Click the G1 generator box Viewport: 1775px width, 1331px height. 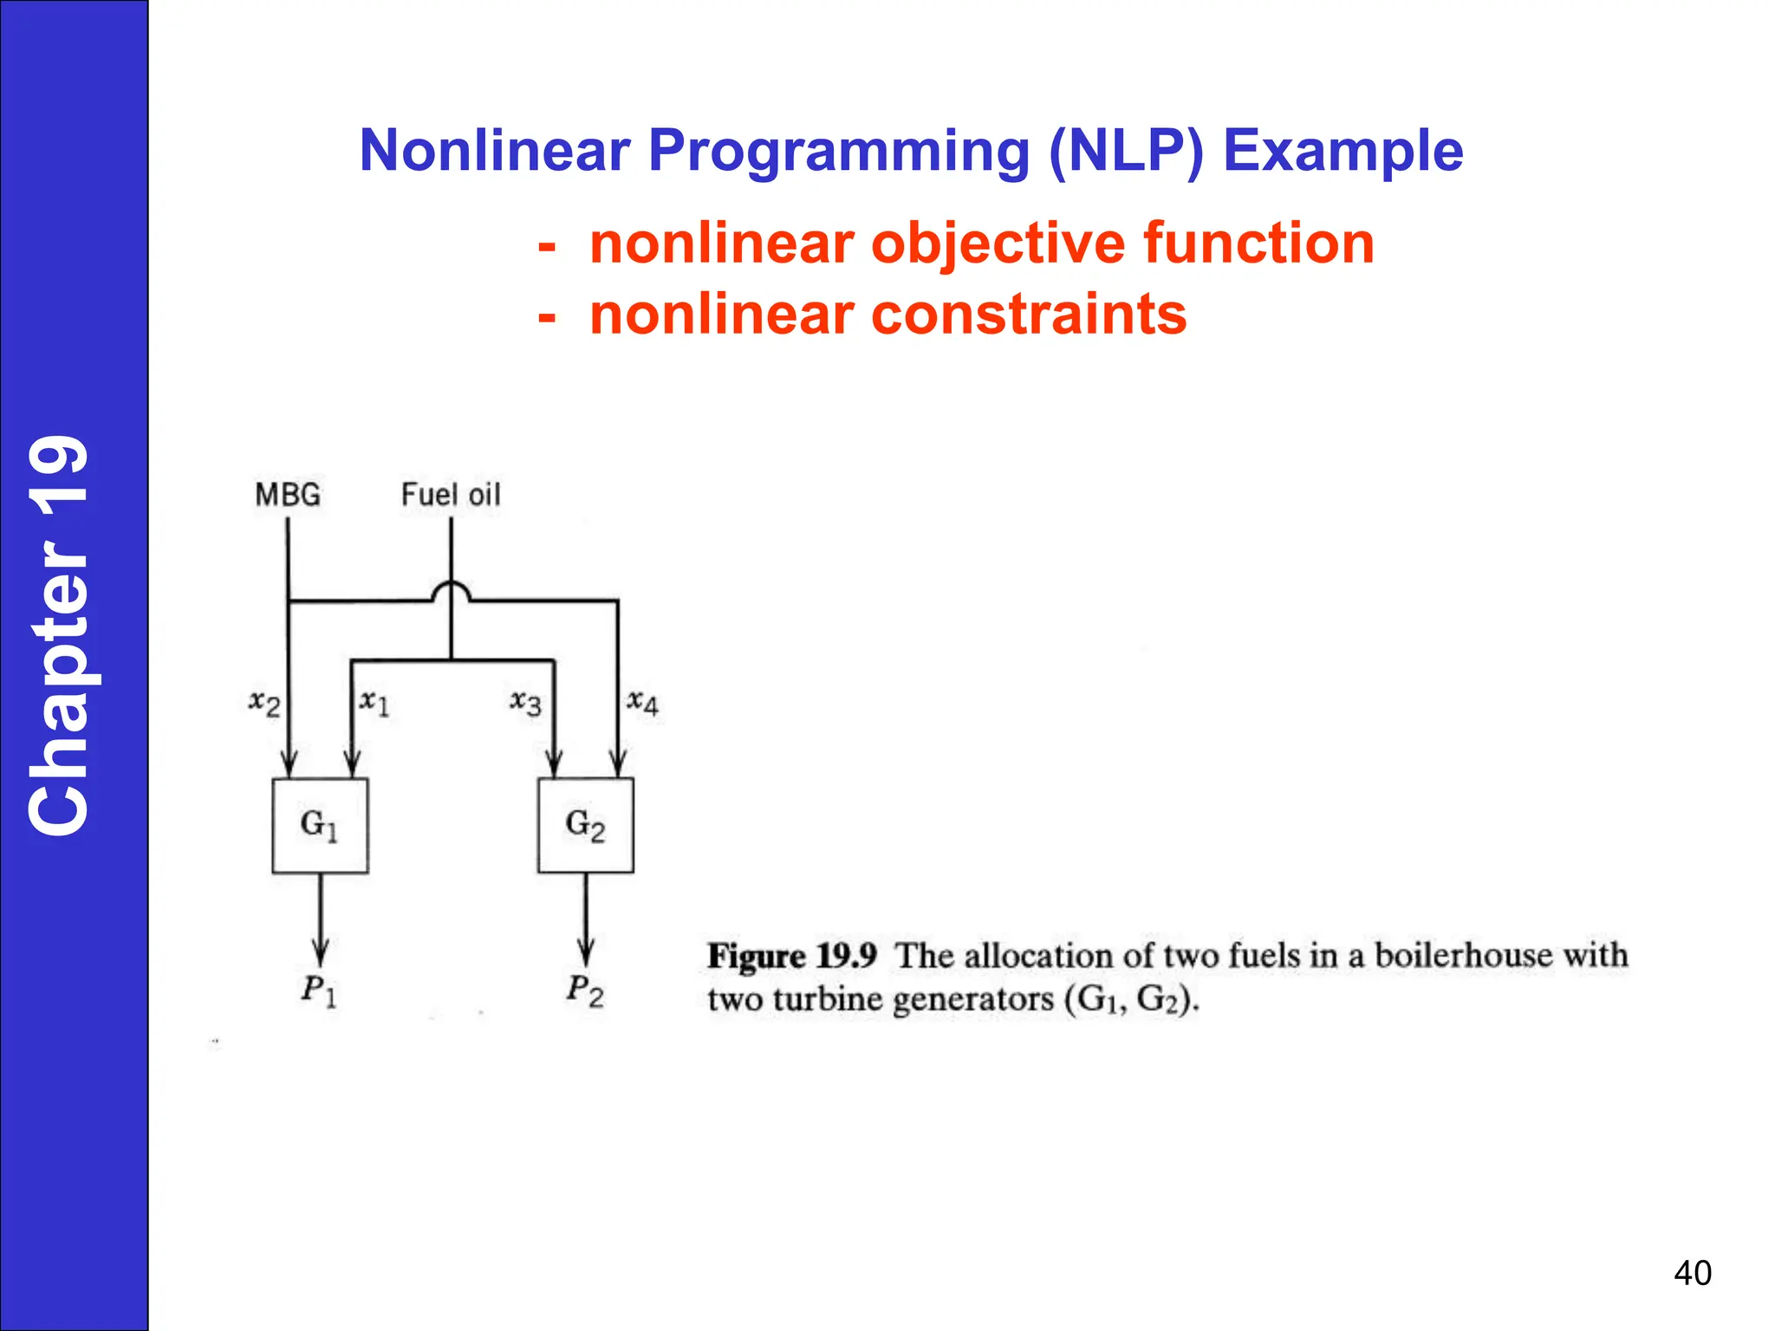tap(320, 825)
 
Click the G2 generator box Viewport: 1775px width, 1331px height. tap(585, 825)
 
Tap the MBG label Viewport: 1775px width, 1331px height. tap(288, 495)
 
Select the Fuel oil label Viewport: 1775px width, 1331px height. tap(451, 495)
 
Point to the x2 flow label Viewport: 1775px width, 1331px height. tap(264, 702)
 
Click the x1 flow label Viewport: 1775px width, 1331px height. tap(374, 702)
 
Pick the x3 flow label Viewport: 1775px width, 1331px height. tap(525, 702)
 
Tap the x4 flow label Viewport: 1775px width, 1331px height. tap(642, 702)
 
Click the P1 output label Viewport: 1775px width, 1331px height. tap(319, 990)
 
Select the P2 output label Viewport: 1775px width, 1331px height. tap(585, 990)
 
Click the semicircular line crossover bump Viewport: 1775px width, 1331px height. tap(451, 592)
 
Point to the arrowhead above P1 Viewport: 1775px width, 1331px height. tap(320, 953)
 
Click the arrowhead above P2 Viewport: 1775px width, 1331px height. tap(586, 953)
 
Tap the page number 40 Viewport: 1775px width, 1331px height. tap(1693, 1273)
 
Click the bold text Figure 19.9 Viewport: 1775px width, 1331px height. tap(791, 956)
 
